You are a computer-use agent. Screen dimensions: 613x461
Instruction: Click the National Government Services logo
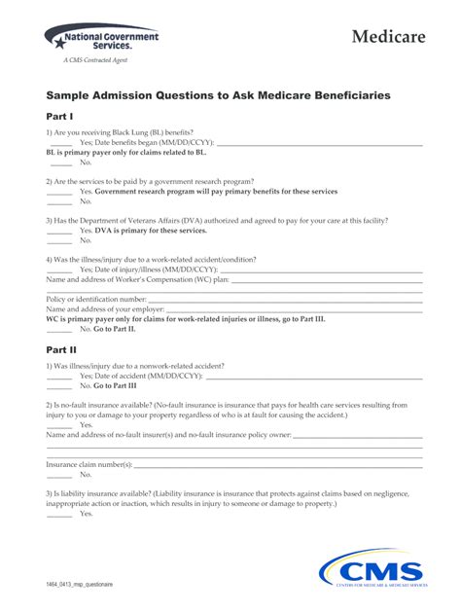[x=101, y=40]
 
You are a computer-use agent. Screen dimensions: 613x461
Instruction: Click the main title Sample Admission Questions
[x=219, y=95]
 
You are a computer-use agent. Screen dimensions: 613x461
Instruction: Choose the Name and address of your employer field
[x=292, y=308]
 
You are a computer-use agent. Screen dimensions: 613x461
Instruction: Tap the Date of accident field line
[x=311, y=375]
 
